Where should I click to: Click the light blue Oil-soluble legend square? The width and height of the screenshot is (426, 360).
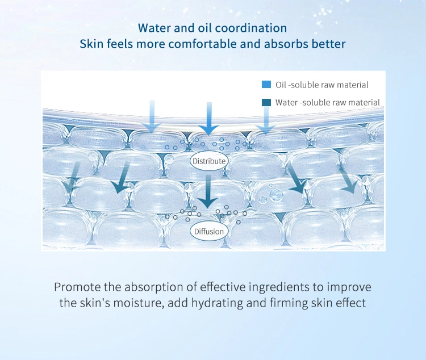click(266, 85)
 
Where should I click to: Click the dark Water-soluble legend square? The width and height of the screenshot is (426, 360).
click(266, 102)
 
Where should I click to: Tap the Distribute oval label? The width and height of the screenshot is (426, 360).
click(209, 161)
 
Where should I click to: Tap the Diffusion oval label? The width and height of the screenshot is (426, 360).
click(209, 231)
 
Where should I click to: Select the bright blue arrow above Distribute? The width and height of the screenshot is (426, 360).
click(209, 119)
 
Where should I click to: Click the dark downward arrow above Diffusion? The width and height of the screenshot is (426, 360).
click(208, 191)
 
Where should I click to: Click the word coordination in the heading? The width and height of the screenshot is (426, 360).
click(250, 28)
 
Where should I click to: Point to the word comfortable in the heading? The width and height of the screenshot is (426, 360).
click(202, 44)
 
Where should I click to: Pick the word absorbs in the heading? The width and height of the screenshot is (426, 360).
click(287, 44)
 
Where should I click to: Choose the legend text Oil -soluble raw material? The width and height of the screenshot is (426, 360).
click(322, 85)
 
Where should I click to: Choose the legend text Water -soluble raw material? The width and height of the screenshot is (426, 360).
click(327, 102)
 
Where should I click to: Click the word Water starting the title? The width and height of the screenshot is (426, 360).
click(154, 28)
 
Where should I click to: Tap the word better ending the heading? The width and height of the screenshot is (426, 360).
click(330, 44)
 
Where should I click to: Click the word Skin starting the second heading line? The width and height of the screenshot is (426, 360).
click(91, 44)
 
